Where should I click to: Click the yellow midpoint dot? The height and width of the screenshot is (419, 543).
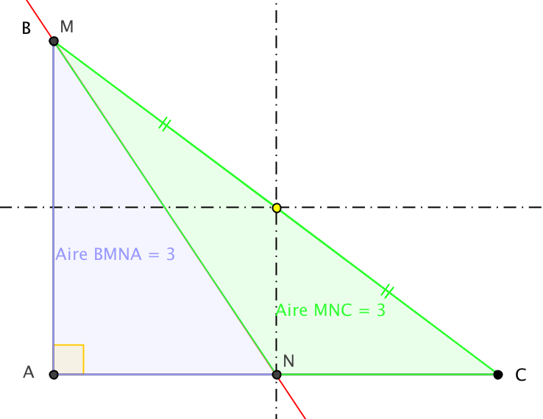point(277,208)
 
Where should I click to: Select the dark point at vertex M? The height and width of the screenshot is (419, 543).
point(54,41)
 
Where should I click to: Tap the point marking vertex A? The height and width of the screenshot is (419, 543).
point(54,375)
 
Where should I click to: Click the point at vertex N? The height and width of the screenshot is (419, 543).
point(277,375)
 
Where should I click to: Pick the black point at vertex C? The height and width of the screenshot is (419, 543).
point(498,375)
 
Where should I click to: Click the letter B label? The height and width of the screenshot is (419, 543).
point(26,29)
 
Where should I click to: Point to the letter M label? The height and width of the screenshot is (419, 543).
point(67,27)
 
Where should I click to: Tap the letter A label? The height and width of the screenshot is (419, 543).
point(29,372)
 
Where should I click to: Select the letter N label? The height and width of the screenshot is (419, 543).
point(289,361)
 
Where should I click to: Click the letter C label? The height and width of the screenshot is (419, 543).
point(520,376)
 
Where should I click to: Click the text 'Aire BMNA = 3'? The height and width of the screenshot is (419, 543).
point(115,255)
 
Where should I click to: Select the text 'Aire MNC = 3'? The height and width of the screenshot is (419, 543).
point(330,310)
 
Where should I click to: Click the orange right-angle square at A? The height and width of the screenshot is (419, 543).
point(69,359)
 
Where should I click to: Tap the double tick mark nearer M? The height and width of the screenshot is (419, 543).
point(165,125)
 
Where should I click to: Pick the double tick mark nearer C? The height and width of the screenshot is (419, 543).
point(387,292)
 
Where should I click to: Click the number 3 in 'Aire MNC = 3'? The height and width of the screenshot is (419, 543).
point(380,310)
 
